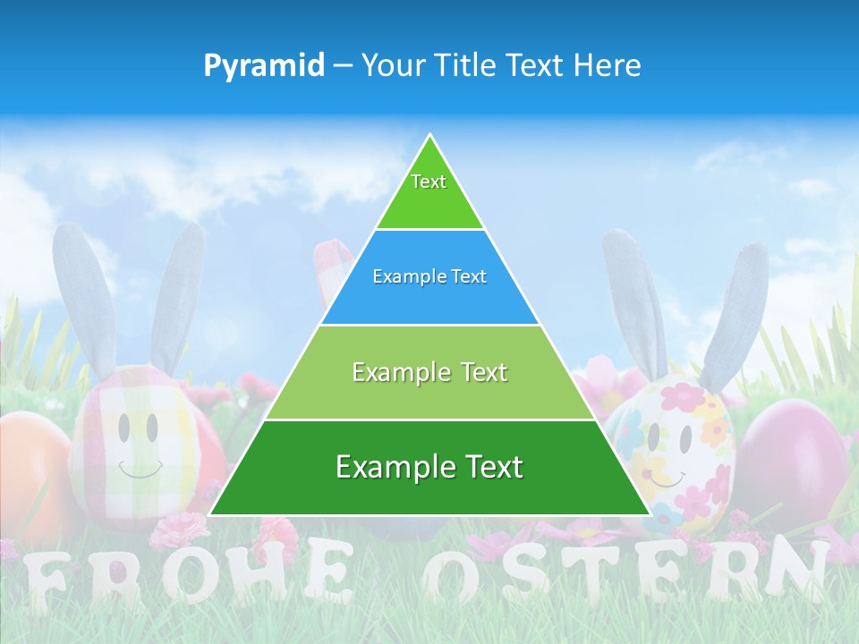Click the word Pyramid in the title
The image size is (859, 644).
pyautogui.click(x=263, y=65)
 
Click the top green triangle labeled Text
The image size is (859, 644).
pyautogui.click(x=429, y=192)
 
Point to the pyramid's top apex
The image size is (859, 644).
pyautogui.click(x=429, y=137)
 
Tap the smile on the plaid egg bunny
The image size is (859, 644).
pyautogui.click(x=140, y=469)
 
